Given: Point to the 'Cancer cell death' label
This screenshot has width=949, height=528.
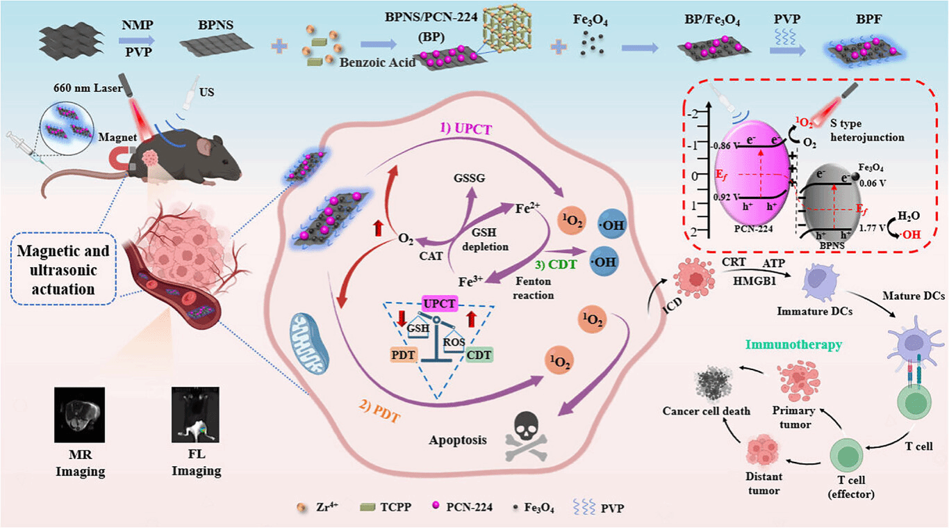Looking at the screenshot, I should pyautogui.click(x=707, y=410).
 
